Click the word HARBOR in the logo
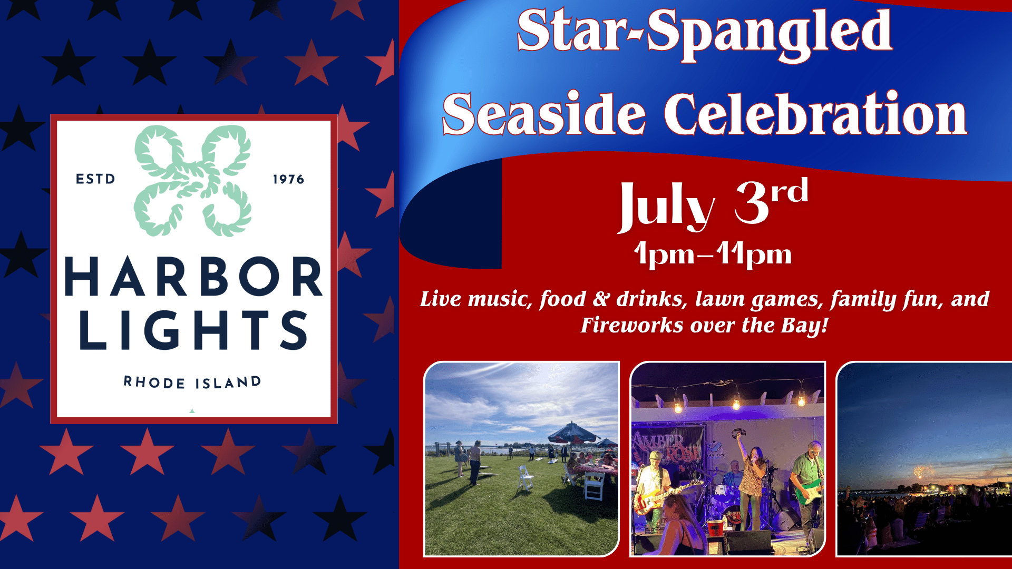click(x=193, y=276)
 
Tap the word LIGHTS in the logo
click(x=193, y=330)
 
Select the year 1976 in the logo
click(x=288, y=179)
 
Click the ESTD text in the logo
click(x=95, y=179)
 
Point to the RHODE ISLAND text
click(x=192, y=382)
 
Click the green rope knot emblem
click(x=192, y=180)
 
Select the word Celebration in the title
click(x=815, y=114)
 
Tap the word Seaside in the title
click(x=544, y=114)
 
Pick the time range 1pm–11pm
click(x=713, y=254)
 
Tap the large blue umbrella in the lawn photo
click(x=573, y=433)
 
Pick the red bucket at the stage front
click(x=715, y=526)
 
